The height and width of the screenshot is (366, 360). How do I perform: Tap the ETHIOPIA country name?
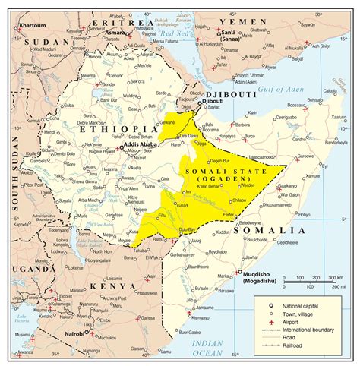tap(106, 130)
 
